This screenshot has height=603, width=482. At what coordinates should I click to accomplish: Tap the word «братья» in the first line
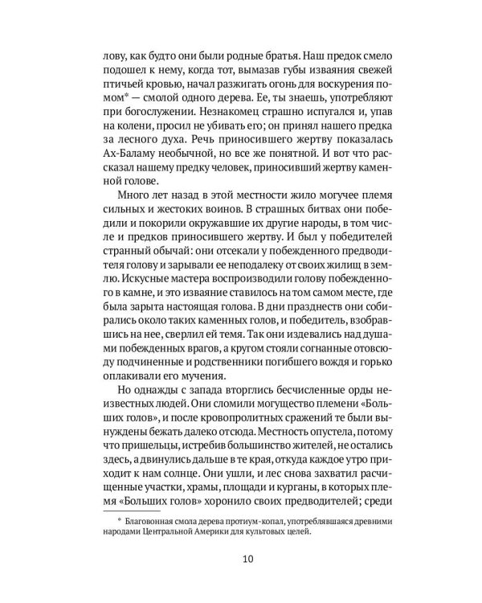pos(254,59)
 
